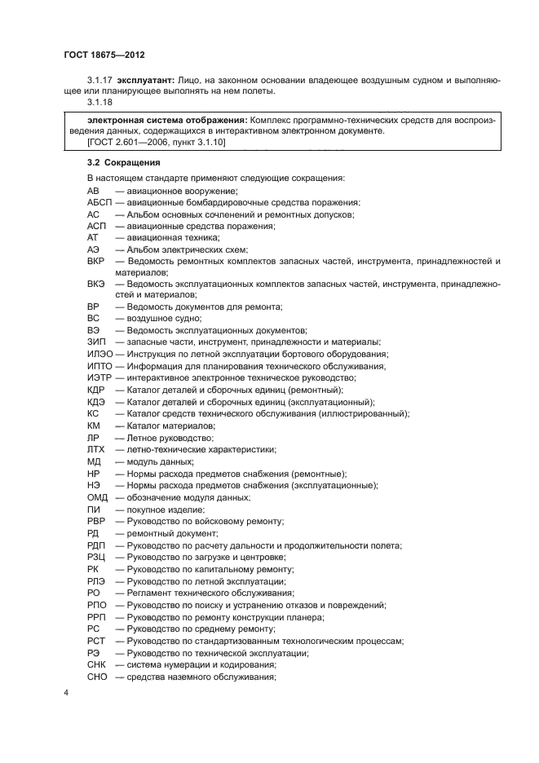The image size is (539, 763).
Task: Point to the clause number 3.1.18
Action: (x=100, y=104)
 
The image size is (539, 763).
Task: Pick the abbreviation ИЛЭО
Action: (x=99, y=354)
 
